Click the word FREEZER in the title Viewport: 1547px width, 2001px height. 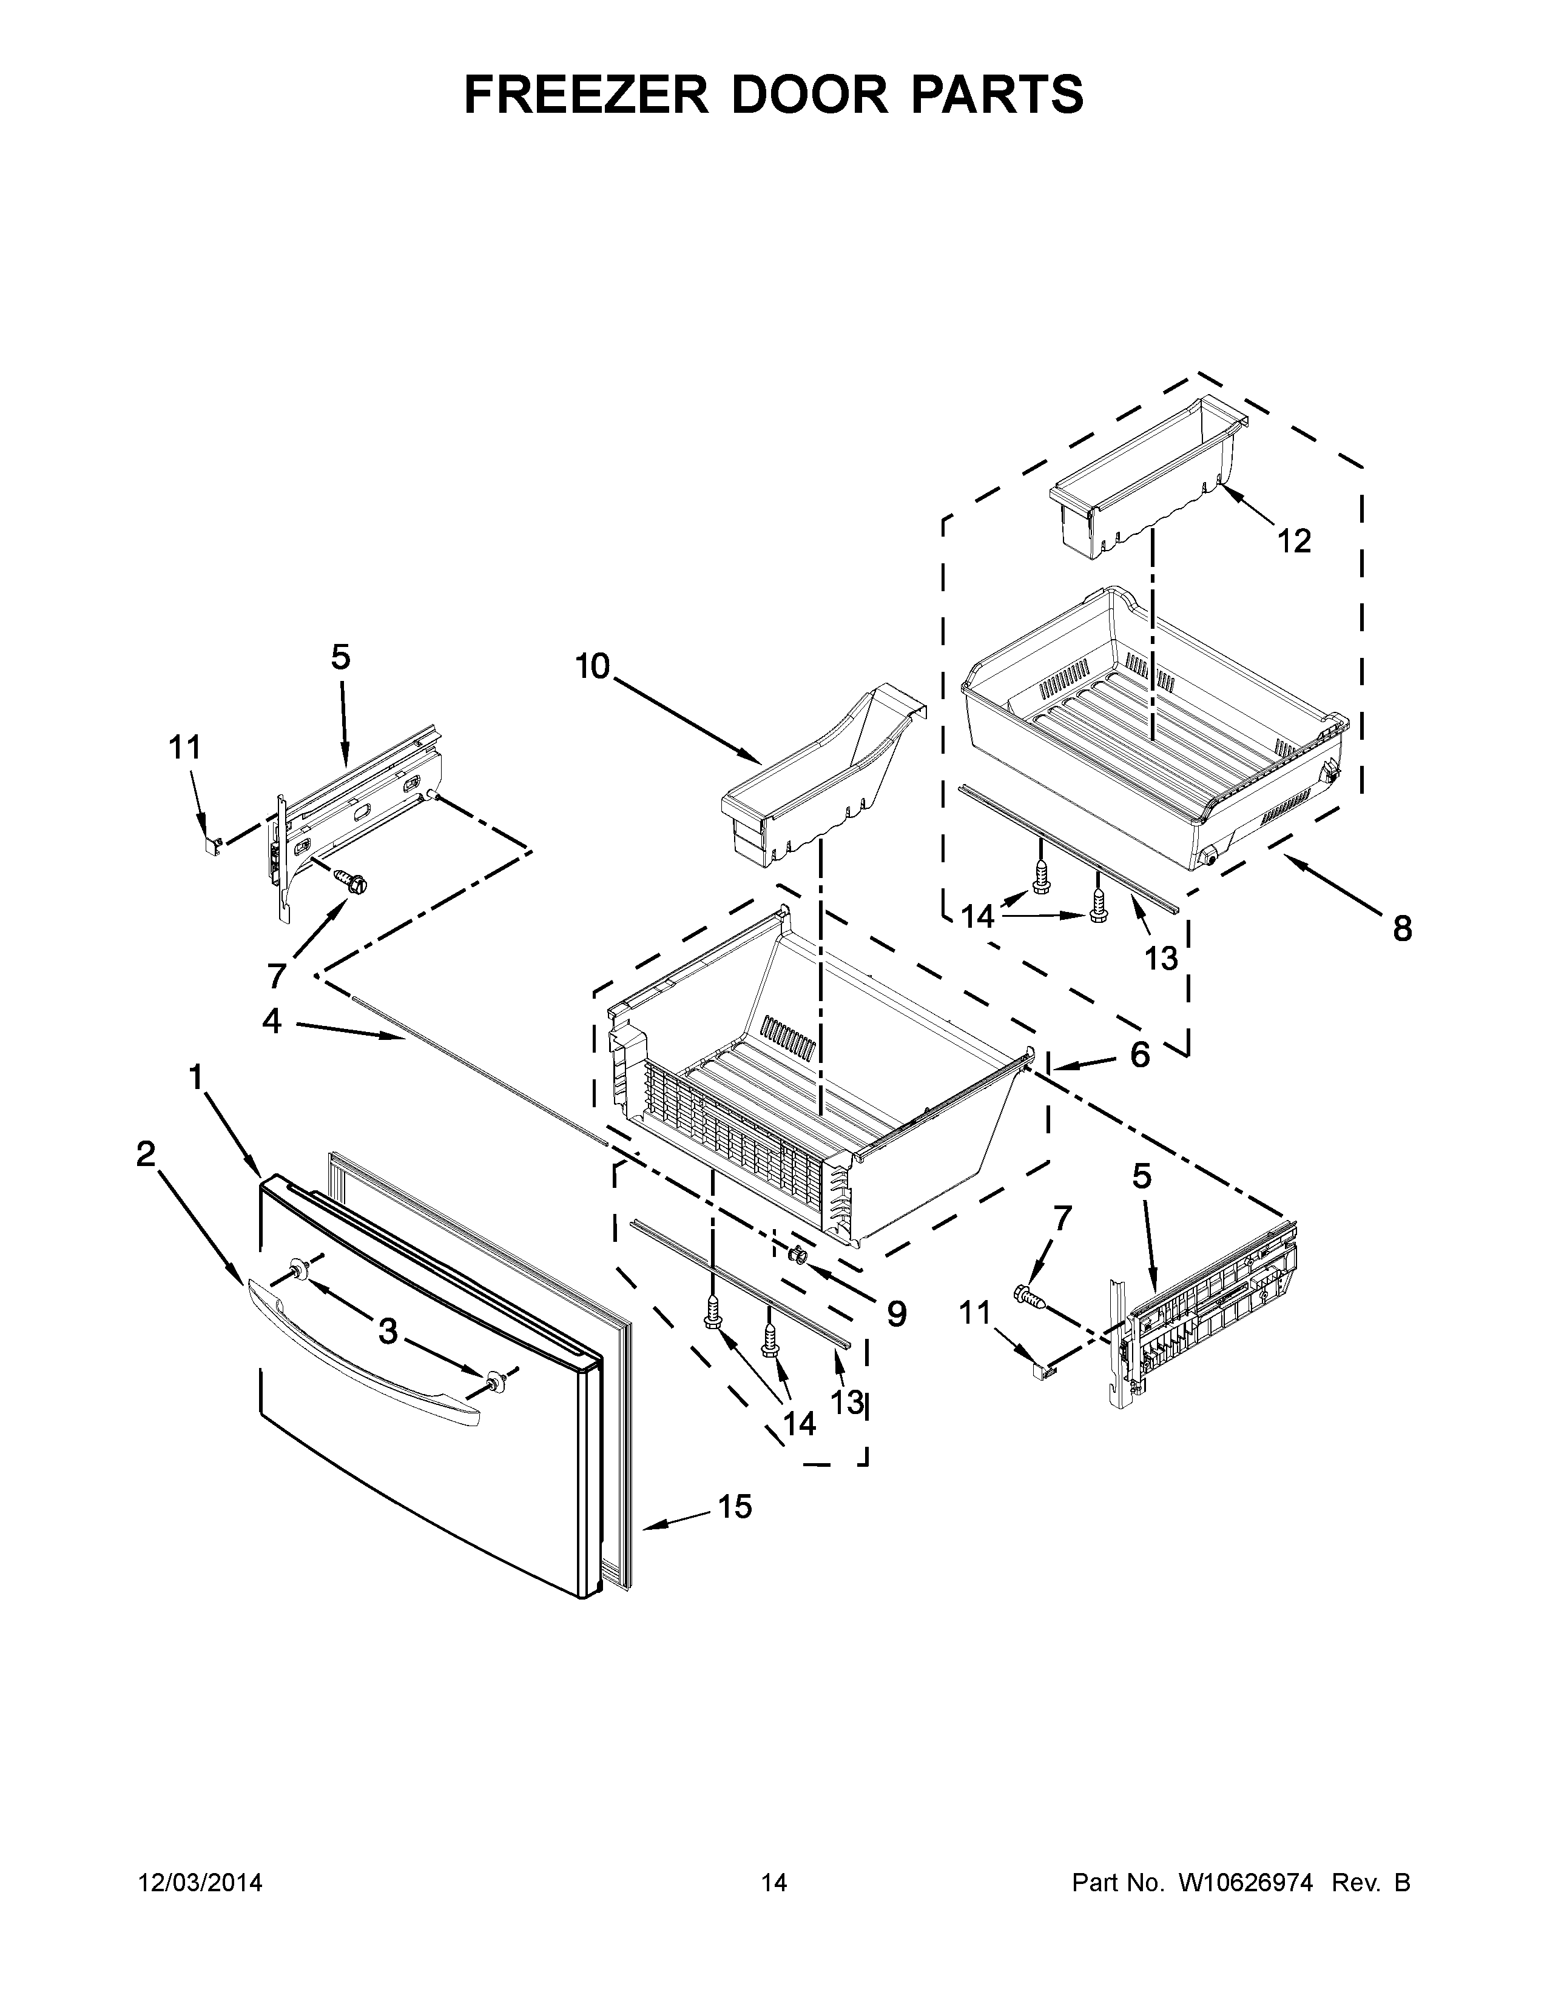coord(587,95)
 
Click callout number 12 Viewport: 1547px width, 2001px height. coord(1294,541)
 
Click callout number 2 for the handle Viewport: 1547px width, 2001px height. coord(146,1155)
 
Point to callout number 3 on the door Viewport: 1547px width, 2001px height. coord(389,1331)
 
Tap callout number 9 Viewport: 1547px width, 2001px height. coord(895,1314)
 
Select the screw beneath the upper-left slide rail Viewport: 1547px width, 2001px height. coord(353,882)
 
